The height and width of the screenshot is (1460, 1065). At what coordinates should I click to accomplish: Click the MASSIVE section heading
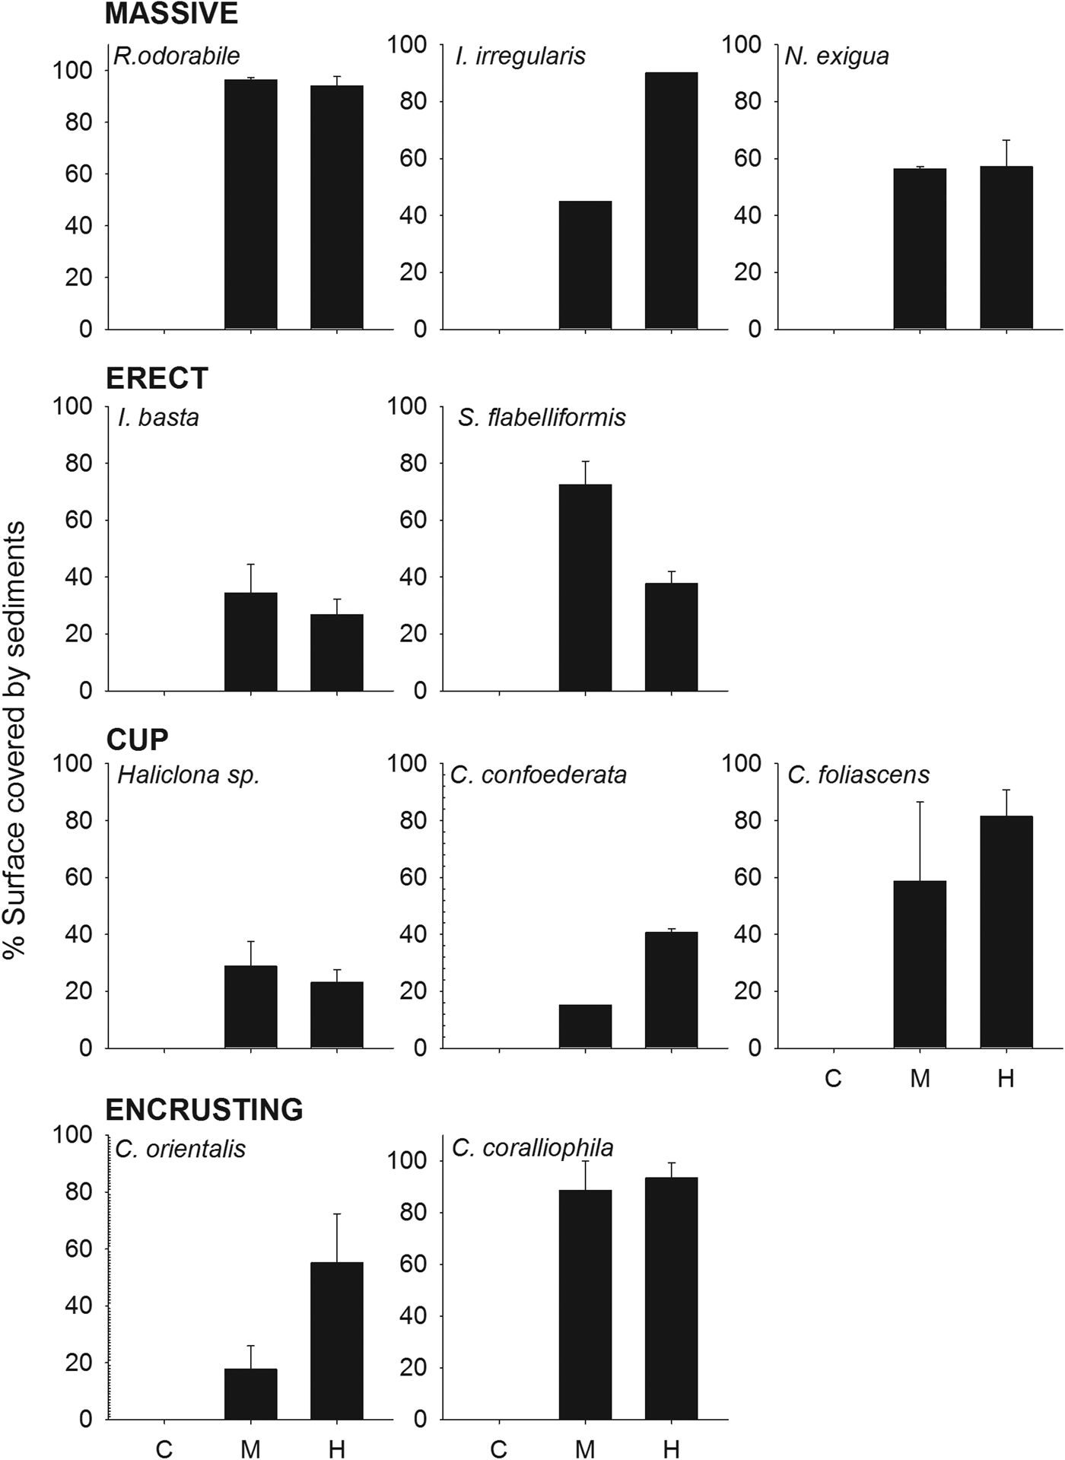[171, 14]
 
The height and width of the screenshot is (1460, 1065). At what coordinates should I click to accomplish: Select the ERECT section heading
[157, 378]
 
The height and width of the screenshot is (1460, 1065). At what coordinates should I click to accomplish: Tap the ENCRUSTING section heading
[204, 1110]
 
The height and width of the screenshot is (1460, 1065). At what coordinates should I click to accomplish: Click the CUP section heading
[137, 739]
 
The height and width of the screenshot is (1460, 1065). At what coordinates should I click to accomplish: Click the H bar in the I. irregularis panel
[671, 201]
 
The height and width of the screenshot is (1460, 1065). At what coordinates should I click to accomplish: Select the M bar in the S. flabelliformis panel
[585, 587]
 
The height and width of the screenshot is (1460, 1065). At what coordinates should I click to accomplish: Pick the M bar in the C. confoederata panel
[585, 1026]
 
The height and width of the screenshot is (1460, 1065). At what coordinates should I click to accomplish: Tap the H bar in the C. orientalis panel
[336, 1341]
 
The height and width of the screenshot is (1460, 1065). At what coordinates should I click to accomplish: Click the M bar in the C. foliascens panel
[920, 964]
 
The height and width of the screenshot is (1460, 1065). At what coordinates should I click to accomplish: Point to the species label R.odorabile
[176, 56]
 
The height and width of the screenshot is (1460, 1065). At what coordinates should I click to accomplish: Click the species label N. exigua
[837, 56]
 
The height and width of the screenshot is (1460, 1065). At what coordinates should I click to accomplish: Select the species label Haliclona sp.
[189, 775]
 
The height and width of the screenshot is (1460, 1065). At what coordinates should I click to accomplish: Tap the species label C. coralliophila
[532, 1147]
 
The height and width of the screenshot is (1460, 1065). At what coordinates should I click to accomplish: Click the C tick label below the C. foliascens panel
[833, 1079]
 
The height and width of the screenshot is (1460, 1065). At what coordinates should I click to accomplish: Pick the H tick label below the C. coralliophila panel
[671, 1449]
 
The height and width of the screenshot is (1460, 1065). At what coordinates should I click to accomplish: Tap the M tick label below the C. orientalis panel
[250, 1449]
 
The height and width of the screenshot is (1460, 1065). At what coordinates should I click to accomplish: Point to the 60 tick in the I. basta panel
[78, 520]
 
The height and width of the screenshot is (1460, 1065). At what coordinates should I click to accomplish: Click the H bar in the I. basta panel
[336, 652]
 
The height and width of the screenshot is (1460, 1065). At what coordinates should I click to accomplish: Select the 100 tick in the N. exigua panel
[741, 45]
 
